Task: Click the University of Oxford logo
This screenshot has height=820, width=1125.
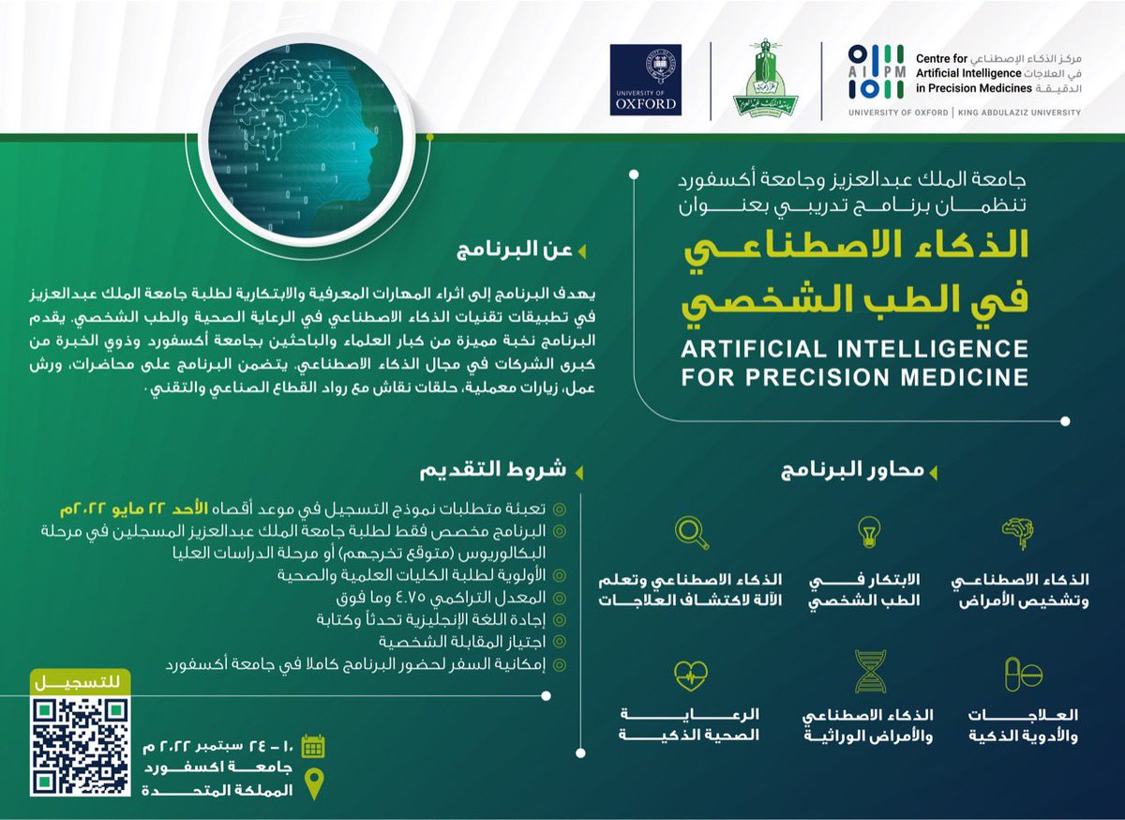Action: (x=645, y=80)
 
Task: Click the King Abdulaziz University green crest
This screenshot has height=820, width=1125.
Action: (x=765, y=81)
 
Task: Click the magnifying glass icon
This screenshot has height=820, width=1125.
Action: (x=692, y=533)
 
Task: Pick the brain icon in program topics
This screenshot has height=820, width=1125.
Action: (x=1023, y=532)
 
